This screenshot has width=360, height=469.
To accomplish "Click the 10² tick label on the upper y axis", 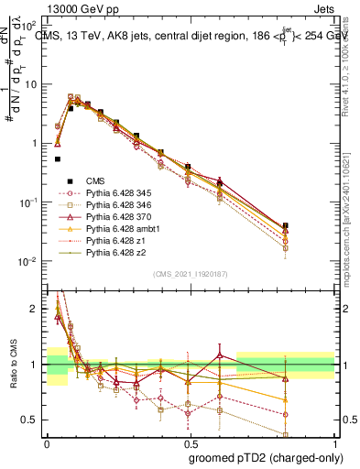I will [x=29, y=25].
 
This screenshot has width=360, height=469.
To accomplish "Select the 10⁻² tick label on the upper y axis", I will [x=29, y=262].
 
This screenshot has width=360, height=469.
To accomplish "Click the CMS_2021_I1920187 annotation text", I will [x=190, y=273].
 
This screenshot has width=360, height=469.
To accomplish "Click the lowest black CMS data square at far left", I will [x=58, y=158].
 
